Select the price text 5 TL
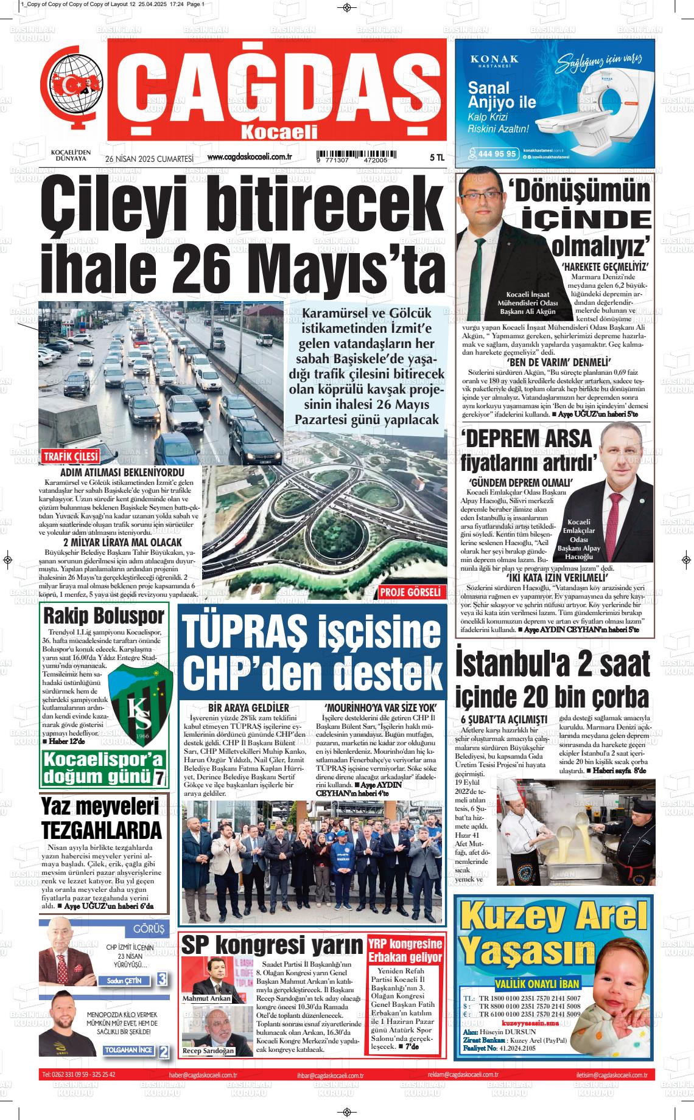pyautogui.click(x=437, y=158)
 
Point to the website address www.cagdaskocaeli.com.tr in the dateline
pyautogui.click(x=250, y=157)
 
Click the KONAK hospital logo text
pyautogui.click(x=495, y=59)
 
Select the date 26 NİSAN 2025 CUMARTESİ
pyautogui.click(x=149, y=158)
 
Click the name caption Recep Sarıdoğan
pyautogui.click(x=208, y=1051)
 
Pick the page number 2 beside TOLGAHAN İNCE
pyautogui.click(x=163, y=1051)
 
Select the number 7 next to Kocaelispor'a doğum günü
pyautogui.click(x=159, y=777)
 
